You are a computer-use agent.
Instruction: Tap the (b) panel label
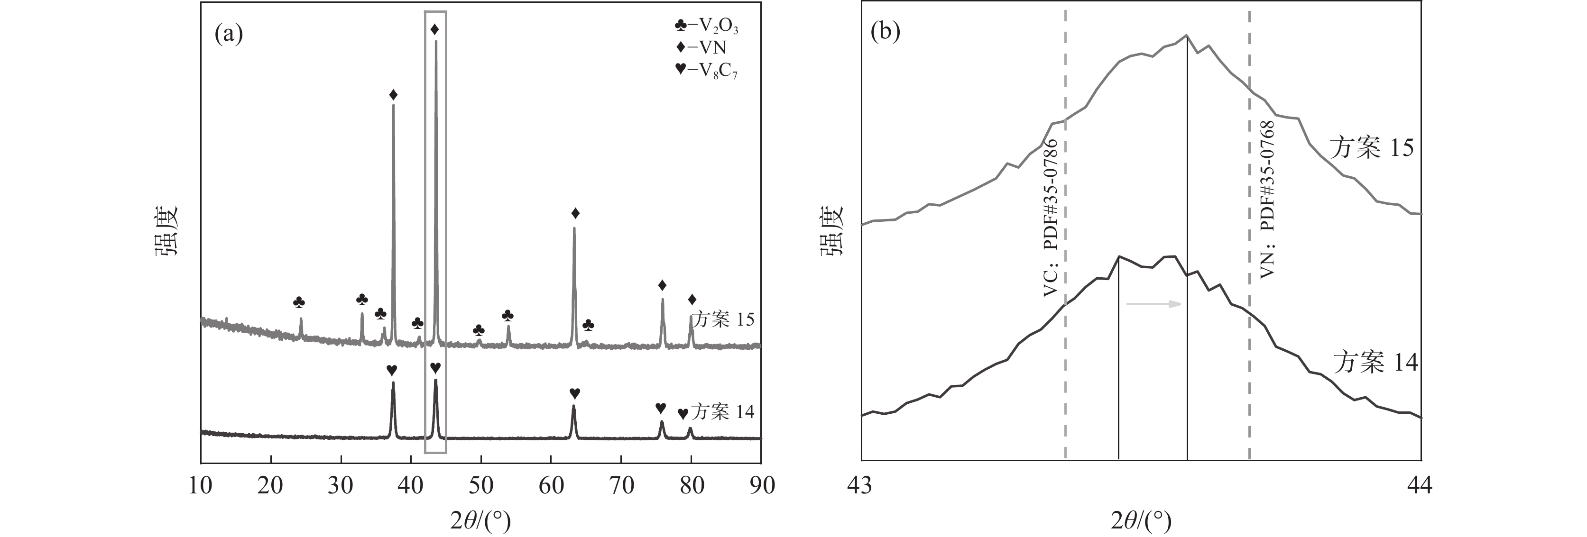(x=886, y=31)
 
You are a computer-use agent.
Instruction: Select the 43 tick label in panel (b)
(x=861, y=485)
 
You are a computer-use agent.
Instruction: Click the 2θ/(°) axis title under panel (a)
(x=480, y=521)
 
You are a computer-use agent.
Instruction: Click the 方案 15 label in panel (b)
(x=1371, y=148)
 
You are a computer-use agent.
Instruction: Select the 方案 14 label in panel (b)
(x=1375, y=362)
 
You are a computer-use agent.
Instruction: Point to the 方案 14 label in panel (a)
(x=722, y=411)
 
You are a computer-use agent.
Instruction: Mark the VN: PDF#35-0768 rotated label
(x=1267, y=200)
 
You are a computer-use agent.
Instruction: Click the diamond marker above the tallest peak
(x=435, y=29)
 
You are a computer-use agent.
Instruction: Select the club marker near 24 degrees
(x=299, y=302)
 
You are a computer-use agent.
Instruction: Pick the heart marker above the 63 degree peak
(x=574, y=393)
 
